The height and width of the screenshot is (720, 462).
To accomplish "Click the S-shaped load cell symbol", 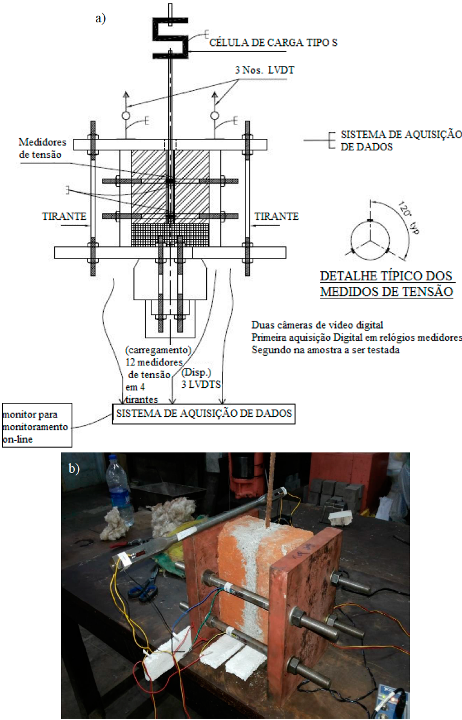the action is point(170,38).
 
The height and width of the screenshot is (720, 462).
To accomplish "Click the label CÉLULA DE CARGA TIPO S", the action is point(273,43).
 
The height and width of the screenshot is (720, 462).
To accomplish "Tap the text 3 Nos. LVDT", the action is point(264,70).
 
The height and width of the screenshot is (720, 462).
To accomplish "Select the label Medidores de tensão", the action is point(42,149).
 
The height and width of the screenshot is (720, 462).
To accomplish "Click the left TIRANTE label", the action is point(64,216).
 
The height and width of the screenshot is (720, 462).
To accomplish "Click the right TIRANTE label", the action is point(276,216).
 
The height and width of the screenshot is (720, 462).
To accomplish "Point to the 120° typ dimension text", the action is point(409,217).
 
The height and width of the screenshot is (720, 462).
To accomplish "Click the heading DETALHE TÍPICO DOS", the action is point(387,276).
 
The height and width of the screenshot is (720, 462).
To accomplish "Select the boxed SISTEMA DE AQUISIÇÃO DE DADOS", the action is point(203,413).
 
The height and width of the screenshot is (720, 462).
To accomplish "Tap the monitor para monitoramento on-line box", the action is point(37,425).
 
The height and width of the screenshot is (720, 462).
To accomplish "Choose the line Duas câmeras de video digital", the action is point(317,325).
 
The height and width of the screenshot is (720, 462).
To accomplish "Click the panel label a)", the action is point(101,18).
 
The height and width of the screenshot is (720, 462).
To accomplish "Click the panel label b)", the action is point(74,468).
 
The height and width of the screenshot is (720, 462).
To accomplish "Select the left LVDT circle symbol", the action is point(126,115).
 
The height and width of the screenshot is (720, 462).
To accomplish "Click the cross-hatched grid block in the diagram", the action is point(170,235).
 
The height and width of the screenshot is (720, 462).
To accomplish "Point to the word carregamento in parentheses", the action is point(159,350).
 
